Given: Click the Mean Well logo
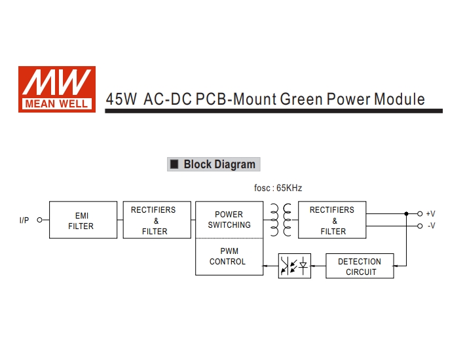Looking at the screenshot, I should pyautogui.click(x=57, y=89).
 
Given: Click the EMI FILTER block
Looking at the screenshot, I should pyautogui.click(x=83, y=221).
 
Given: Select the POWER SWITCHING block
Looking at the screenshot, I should pyautogui.click(x=229, y=220).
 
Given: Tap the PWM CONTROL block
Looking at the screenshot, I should pyautogui.click(x=229, y=257).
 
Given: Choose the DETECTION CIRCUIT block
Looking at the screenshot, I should pyautogui.click(x=360, y=266).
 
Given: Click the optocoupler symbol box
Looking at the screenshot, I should pyautogui.click(x=294, y=266).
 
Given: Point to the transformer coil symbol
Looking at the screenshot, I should pyautogui.click(x=280, y=219).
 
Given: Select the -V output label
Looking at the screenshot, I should pyautogui.click(x=431, y=226).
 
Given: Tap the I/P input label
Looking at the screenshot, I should pyautogui.click(x=24, y=221).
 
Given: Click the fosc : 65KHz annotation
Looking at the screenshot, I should pyautogui.click(x=278, y=189).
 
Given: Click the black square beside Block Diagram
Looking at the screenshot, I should pyautogui.click(x=174, y=164).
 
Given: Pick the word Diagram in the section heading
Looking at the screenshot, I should pyautogui.click(x=234, y=164).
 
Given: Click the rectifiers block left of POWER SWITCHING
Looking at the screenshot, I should pyautogui.click(x=156, y=220).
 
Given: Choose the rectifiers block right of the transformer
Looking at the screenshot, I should pyautogui.click(x=333, y=220).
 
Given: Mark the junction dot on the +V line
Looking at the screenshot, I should pyautogui.click(x=406, y=213).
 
